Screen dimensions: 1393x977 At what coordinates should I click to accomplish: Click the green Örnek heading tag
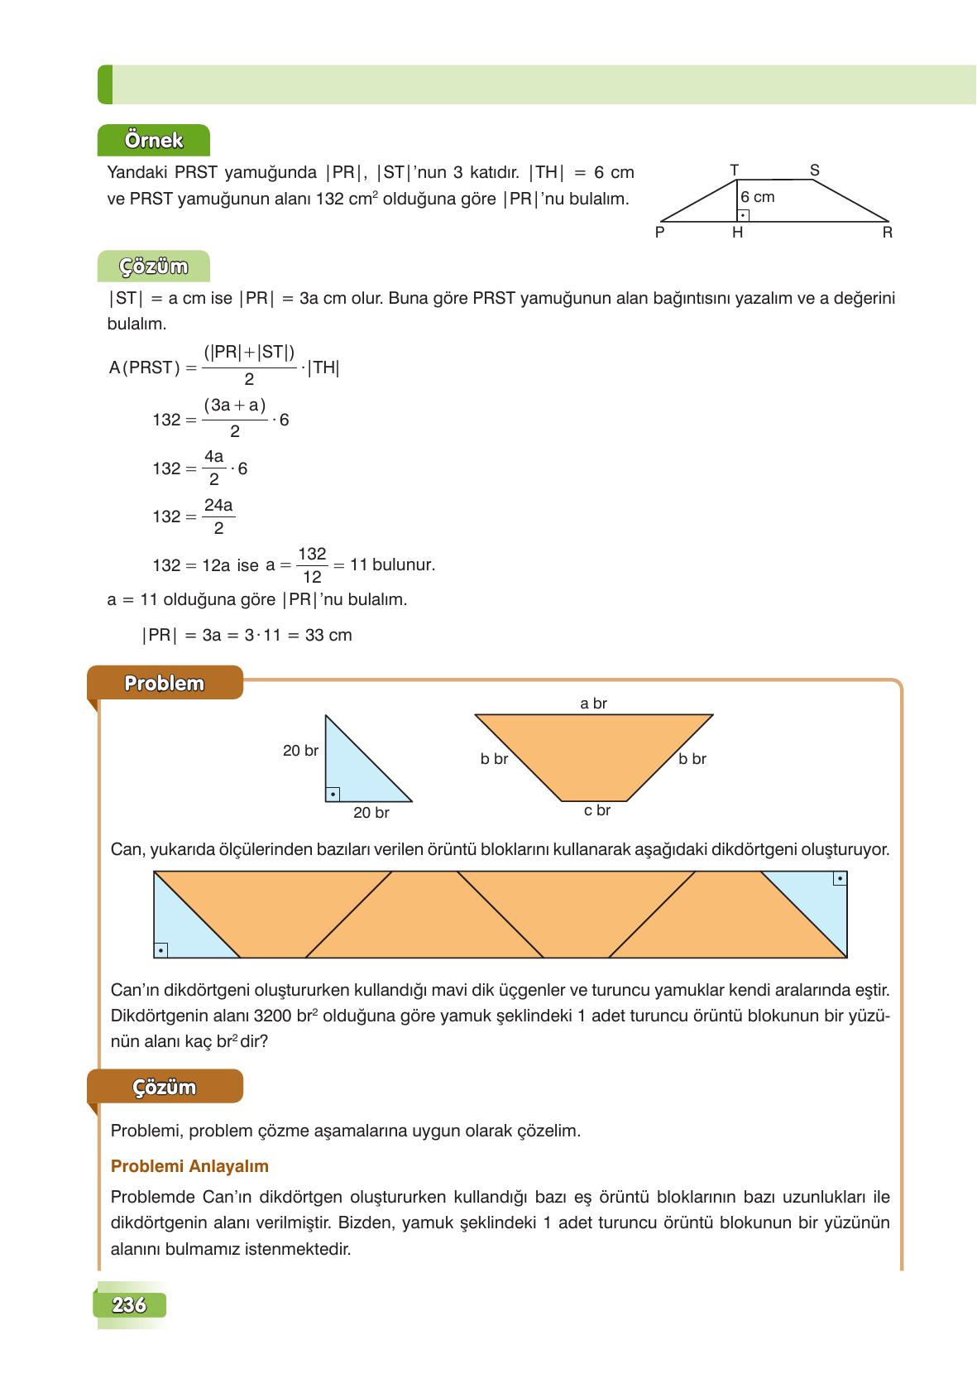coord(154,140)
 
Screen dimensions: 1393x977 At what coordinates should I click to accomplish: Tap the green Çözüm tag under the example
coord(154,267)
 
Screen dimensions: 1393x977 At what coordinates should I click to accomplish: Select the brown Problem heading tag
coord(165,684)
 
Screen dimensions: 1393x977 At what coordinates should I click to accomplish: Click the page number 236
coord(130,1305)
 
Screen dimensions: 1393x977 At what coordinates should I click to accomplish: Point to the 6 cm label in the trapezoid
coord(758,198)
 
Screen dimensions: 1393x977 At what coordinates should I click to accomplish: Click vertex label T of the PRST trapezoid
coord(734,170)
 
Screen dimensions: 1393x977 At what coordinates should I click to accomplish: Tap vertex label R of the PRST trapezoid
coord(887,233)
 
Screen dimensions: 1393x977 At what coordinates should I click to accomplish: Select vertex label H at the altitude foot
coord(737,233)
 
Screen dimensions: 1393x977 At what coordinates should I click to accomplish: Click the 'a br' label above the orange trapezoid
coord(593,704)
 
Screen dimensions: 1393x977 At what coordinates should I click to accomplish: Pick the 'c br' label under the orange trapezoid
coord(596,810)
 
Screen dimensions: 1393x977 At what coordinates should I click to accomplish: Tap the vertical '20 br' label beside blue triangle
coord(300,752)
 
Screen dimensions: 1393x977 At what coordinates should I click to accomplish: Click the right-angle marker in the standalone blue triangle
coord(333,795)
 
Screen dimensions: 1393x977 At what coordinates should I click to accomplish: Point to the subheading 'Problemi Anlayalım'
coord(189,1166)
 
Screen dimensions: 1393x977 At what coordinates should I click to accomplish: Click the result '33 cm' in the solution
coord(328,636)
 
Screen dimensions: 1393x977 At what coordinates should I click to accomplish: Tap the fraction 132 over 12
coord(312,565)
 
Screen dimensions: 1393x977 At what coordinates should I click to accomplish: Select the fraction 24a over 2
coord(218,516)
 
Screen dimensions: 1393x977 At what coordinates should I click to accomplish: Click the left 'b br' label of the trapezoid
coord(494,759)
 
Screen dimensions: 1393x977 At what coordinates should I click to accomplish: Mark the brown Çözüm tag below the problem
coord(165,1087)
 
